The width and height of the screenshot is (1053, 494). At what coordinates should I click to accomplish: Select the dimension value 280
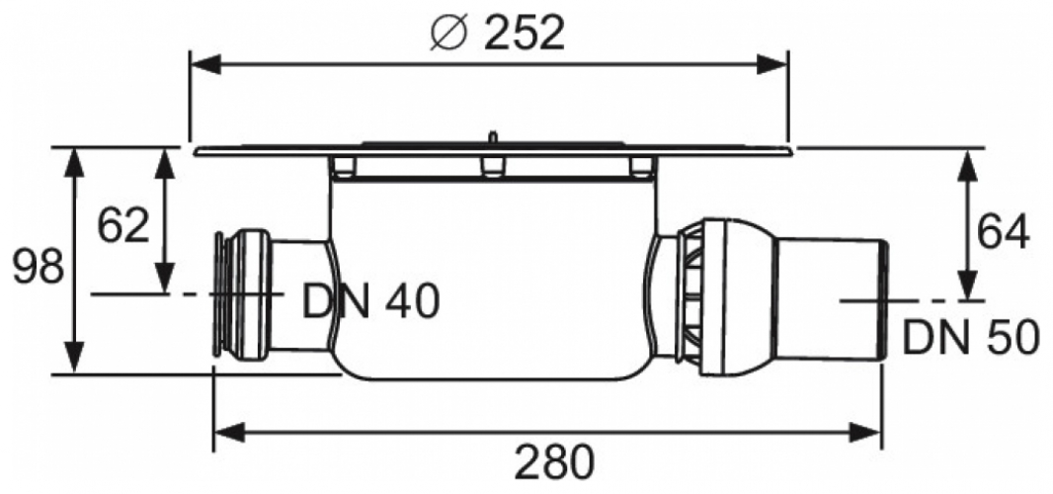tap(554, 462)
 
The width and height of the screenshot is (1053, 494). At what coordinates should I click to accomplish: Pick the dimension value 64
tap(1003, 232)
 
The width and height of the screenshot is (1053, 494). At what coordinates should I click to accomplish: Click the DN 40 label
tap(370, 302)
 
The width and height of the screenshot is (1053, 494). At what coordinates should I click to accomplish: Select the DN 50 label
tap(970, 339)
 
